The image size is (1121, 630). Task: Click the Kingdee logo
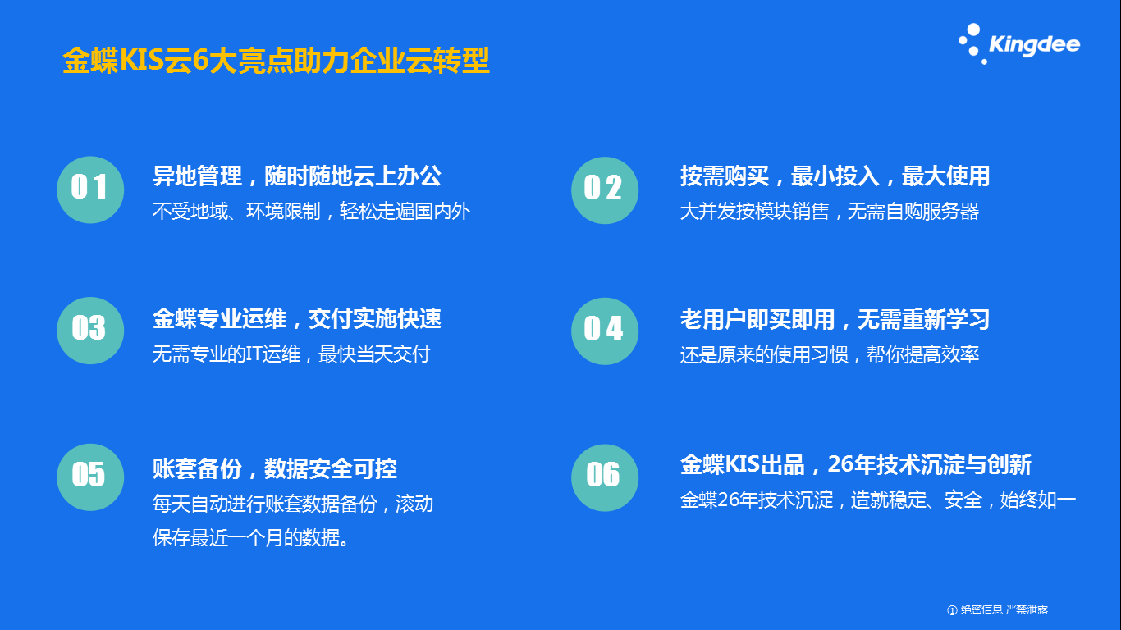pos(1019,44)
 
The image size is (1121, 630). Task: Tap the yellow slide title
pos(276,61)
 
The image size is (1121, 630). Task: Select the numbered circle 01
pos(90,189)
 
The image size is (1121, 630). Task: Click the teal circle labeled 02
pos(605,190)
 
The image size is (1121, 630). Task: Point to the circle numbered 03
pos(90,331)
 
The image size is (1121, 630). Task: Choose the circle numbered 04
pos(605,331)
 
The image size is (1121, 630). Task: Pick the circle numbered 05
pos(90,477)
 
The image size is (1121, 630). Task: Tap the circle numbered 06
pos(605,477)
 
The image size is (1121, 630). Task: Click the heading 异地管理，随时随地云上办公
pos(297,176)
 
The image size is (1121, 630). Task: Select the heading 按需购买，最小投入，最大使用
pos(835,176)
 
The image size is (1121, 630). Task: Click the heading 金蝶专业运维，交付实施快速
pos(297,319)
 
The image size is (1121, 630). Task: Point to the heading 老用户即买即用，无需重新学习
pos(835,319)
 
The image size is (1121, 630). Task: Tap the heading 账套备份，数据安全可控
pos(275,469)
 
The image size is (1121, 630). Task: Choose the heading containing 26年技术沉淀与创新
pos(856,464)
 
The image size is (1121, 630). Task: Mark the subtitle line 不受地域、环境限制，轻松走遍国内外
pos(311,211)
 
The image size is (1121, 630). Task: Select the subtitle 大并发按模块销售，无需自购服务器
pos(829,211)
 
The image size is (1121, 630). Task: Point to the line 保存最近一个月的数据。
pos(251,538)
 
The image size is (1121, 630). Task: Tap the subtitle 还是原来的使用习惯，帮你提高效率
pos(829,354)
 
